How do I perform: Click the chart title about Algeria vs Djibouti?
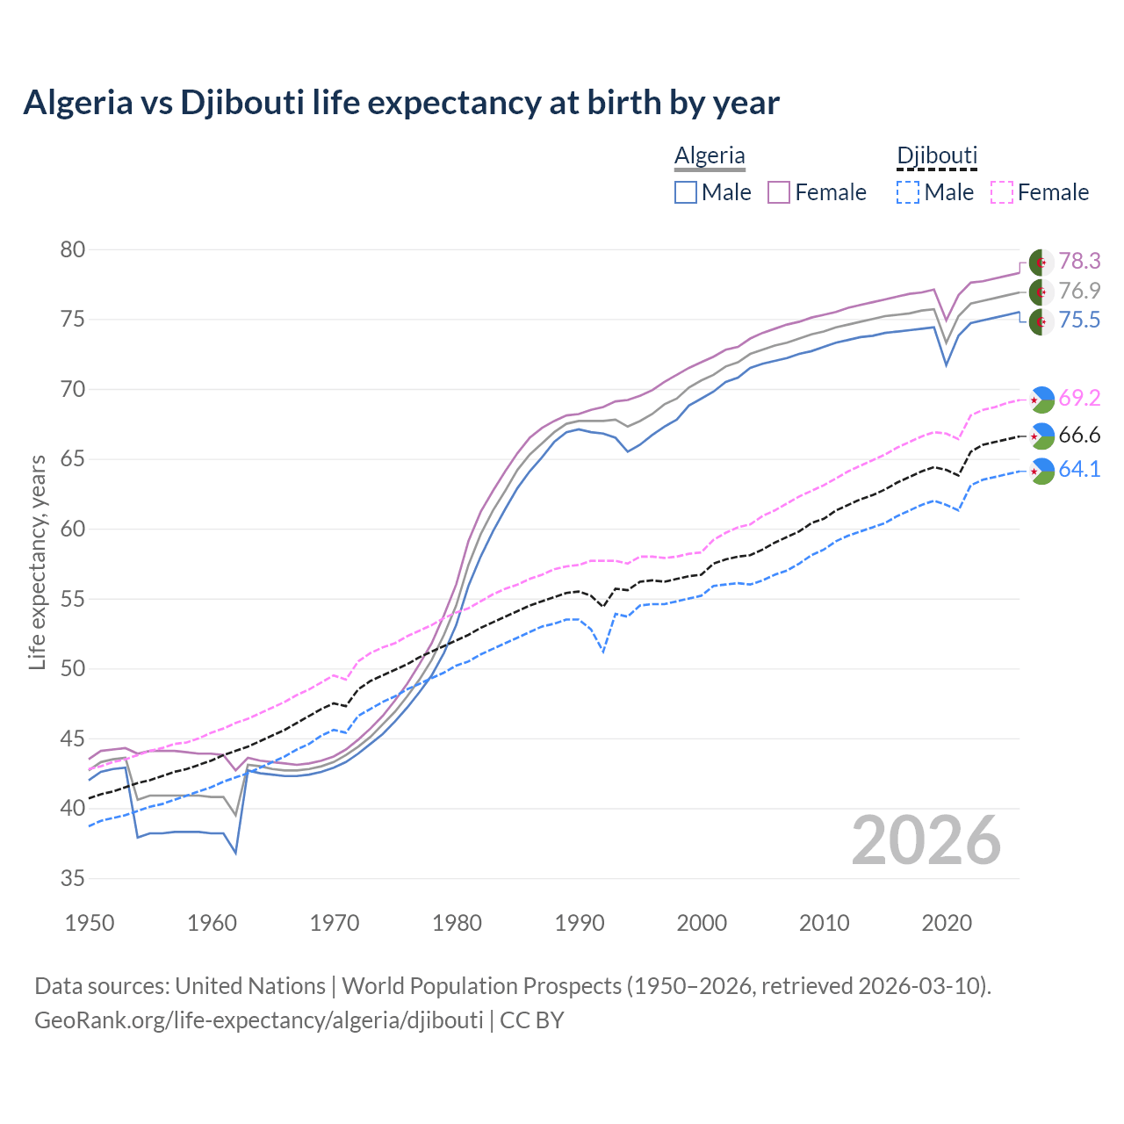point(401,103)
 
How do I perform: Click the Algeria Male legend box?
point(686,192)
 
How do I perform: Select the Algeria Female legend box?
point(780,192)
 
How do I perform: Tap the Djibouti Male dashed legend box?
point(908,192)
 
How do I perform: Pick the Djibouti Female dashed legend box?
point(1002,192)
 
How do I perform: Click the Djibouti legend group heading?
point(937,155)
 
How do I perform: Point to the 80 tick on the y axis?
point(73,249)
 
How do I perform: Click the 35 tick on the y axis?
point(73,878)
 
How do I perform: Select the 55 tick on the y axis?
point(73,599)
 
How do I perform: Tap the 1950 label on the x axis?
point(90,923)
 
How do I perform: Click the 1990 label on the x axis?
point(580,923)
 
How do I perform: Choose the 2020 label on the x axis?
point(947,923)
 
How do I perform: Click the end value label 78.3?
point(1079,261)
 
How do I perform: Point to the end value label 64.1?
point(1079,470)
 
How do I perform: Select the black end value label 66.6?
point(1079,436)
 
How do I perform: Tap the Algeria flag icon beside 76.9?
point(1041,292)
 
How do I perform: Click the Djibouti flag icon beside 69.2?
point(1041,399)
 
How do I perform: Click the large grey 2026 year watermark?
point(926,840)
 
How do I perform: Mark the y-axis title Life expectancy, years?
point(37,562)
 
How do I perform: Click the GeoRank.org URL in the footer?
point(259,1020)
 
